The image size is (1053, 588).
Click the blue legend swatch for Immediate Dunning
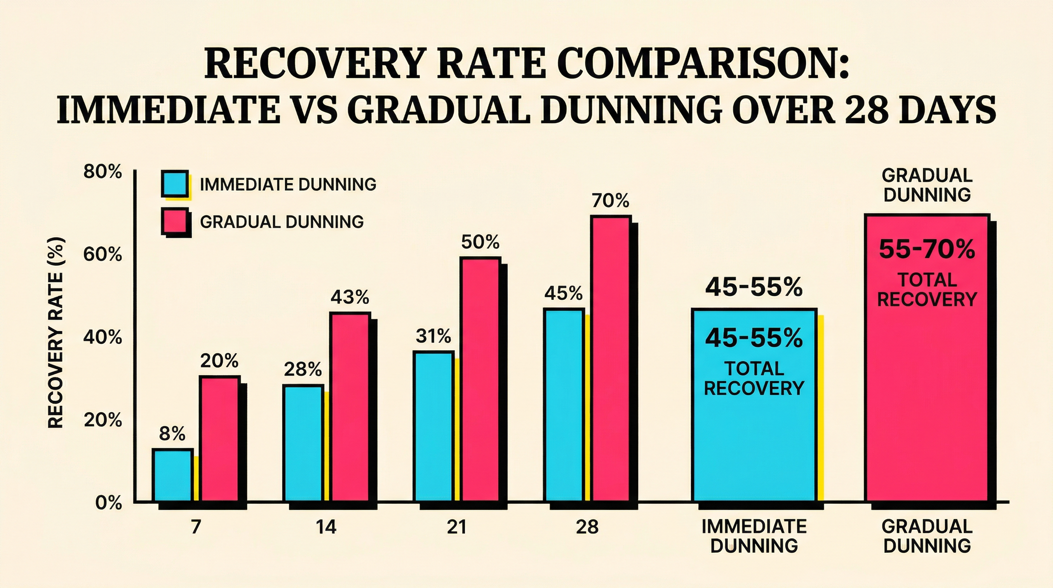[175, 184]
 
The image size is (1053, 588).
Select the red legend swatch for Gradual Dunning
[175, 221]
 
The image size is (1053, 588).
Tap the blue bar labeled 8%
[172, 475]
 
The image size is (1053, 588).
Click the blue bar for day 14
[303, 443]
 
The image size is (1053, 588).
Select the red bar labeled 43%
[350, 407]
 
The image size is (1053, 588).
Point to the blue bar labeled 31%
[433, 426]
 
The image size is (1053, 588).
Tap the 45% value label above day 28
[563, 294]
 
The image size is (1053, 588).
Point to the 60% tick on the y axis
[103, 255]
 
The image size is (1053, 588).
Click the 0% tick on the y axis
[108, 503]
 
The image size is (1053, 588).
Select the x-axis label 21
[456, 527]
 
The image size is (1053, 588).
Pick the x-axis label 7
[196, 527]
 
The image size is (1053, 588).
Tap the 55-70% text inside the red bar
[927, 249]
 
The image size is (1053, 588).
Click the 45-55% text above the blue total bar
[754, 287]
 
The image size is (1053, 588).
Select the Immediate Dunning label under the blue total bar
[754, 536]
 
